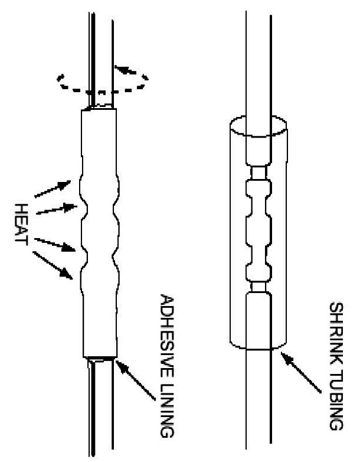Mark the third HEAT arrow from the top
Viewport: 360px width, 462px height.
click(x=56, y=245)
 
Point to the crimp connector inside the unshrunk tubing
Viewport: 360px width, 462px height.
click(x=258, y=230)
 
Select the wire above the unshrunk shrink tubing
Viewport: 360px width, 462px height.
click(x=258, y=59)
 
